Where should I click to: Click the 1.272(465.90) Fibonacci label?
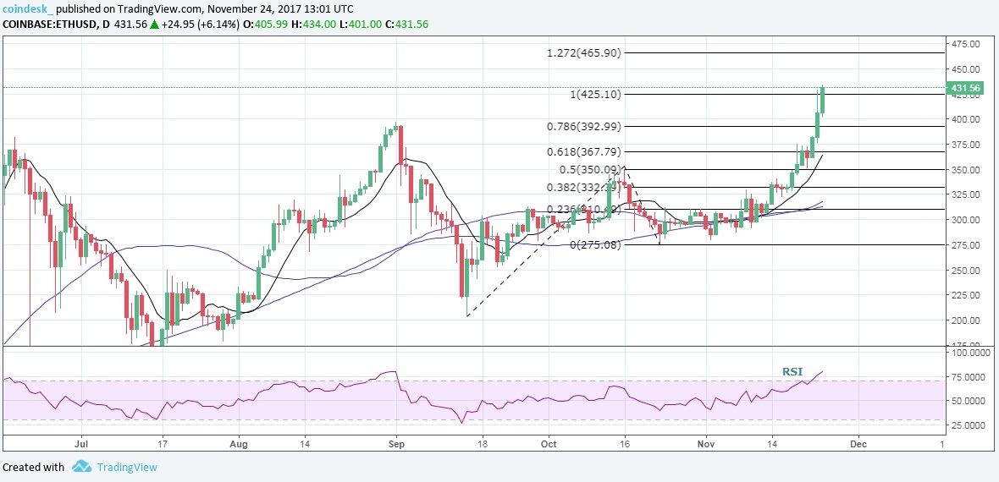[584, 52]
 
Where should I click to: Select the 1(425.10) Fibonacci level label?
[597, 94]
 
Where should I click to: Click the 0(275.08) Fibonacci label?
[597, 245]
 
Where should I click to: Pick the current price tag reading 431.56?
[965, 88]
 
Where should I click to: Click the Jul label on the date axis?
[82, 442]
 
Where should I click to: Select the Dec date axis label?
[858, 442]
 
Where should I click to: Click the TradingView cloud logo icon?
[81, 467]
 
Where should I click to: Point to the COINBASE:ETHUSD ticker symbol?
[51, 24]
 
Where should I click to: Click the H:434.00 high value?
[318, 24]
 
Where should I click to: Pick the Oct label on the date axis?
[549, 442]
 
